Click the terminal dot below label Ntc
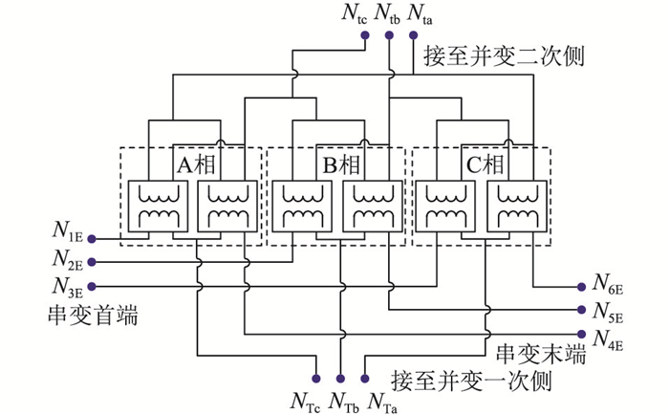(365, 35)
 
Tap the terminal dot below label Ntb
(389, 35)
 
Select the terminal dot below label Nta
(413, 35)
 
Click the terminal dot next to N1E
(92, 239)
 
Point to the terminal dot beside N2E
(92, 262)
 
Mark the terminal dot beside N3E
(92, 286)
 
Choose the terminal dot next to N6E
(581, 287)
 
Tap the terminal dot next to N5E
(581, 310)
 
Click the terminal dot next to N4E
(581, 334)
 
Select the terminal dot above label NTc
(316, 379)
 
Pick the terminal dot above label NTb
(340, 379)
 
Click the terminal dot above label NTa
(364, 379)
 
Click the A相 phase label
(197, 164)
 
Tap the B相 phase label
(341, 164)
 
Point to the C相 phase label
(486, 164)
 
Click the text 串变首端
(94, 316)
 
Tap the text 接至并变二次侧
(504, 55)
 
